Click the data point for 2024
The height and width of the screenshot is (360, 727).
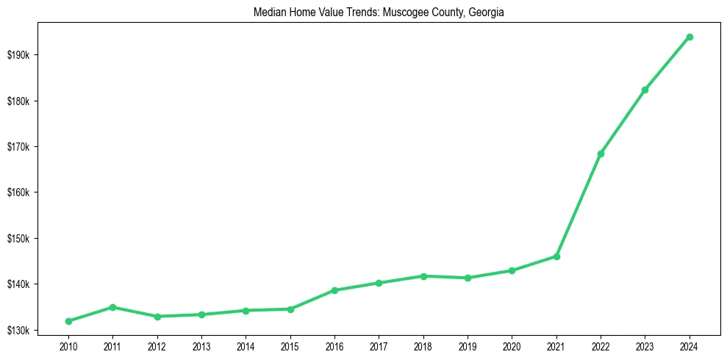point(690,37)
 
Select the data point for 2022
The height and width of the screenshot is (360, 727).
point(601,154)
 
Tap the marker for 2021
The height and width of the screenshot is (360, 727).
point(556,256)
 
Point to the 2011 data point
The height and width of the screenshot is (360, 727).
point(112,307)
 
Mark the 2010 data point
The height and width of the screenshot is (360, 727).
point(68,321)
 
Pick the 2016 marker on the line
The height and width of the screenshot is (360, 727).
point(334,290)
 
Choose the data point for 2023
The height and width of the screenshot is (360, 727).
point(645,90)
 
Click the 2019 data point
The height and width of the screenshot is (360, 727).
point(468,278)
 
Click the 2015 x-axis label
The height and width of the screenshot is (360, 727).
point(290,345)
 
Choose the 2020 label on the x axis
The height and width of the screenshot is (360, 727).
point(512,345)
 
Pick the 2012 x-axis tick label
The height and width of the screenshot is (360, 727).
point(157,345)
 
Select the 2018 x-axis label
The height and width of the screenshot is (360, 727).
point(423,345)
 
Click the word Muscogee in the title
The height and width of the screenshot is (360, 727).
point(406,12)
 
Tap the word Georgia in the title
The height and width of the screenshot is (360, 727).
point(487,12)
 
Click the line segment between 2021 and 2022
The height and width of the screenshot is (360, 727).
point(579,205)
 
